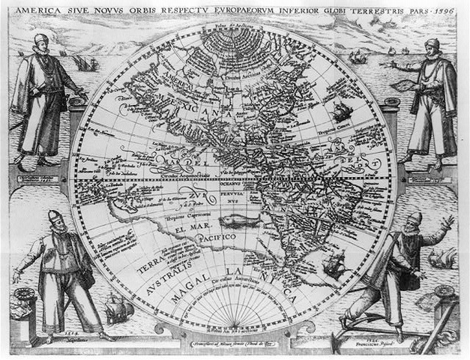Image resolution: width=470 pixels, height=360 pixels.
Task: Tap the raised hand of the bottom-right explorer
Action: tap(448, 223)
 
